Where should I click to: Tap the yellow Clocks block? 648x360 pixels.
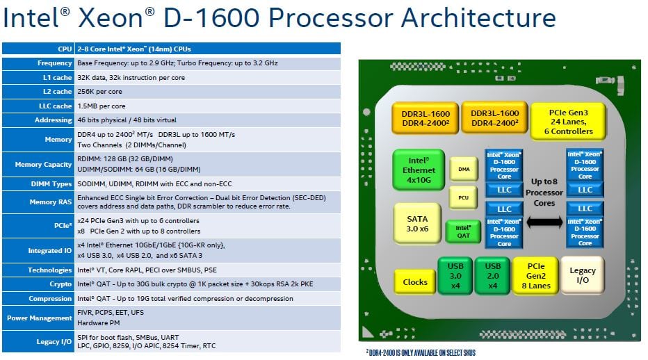click(x=415, y=281)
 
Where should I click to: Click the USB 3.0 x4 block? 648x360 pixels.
click(x=454, y=275)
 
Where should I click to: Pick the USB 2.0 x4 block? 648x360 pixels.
click(x=492, y=275)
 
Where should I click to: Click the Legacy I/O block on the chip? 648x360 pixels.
click(x=583, y=275)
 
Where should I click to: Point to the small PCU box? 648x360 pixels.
click(x=463, y=197)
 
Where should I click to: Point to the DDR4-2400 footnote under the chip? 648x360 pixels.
click(x=420, y=352)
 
